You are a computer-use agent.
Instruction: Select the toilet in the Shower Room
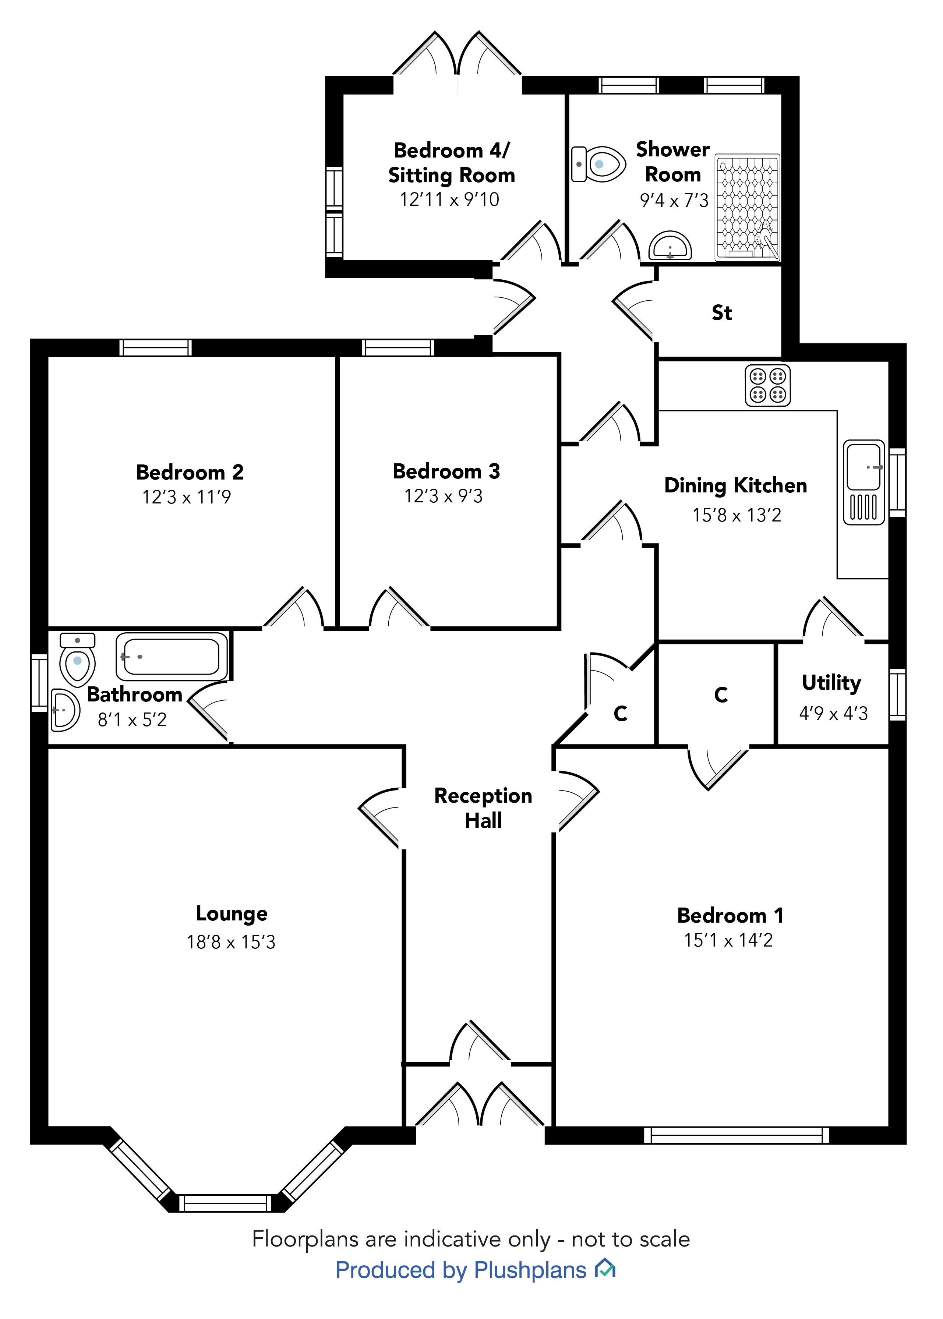pyautogui.click(x=598, y=164)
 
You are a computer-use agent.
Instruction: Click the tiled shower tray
pyautogui.click(x=747, y=207)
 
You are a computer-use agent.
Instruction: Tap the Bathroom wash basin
pyautogui.click(x=64, y=710)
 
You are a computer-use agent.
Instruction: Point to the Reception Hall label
pyautogui.click(x=483, y=807)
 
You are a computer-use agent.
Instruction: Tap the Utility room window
pyautogui.click(x=897, y=694)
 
